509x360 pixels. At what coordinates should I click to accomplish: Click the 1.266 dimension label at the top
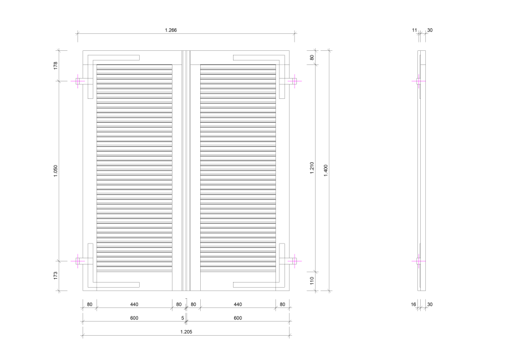click(171, 30)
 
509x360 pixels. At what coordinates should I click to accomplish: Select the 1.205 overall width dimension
click(186, 332)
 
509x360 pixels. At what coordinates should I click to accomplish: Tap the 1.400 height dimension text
click(326, 170)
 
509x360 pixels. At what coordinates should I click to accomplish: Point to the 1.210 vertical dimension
click(312, 168)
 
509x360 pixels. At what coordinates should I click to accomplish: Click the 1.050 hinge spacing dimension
click(55, 171)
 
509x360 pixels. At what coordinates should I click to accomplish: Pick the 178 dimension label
click(55, 66)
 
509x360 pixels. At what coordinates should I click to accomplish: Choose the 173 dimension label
click(55, 276)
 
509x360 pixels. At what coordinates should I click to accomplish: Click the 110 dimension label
click(312, 280)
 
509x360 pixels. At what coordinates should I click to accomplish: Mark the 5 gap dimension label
click(183, 318)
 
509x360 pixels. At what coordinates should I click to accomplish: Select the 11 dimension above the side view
click(415, 30)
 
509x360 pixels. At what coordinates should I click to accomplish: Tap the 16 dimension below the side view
click(413, 305)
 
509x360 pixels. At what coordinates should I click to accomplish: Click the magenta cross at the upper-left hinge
click(78, 81)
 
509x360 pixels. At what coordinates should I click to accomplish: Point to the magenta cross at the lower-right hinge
click(295, 261)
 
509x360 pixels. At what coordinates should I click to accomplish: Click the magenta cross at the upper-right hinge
click(295, 81)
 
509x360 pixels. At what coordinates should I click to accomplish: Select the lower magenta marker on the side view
click(419, 261)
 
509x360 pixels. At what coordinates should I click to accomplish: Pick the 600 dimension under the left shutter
click(134, 318)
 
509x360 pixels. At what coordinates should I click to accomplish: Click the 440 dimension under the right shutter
click(238, 305)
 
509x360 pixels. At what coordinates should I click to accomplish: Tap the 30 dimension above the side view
click(430, 30)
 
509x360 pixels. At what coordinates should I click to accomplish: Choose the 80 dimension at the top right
click(312, 58)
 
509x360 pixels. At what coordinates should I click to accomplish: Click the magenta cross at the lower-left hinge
click(78, 261)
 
